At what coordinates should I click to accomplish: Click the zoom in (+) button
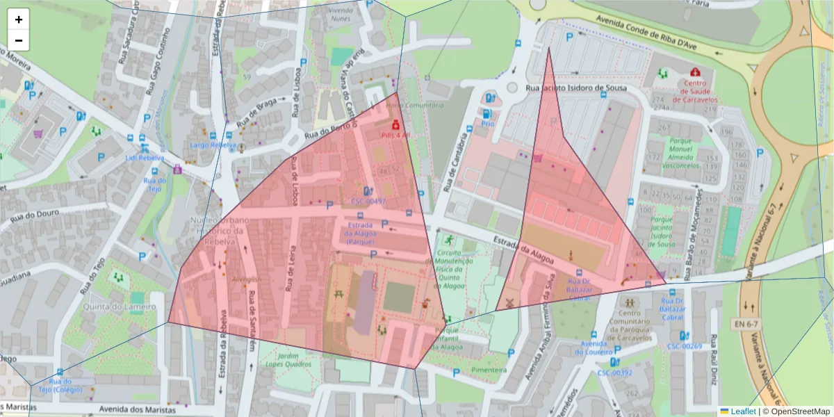tap(19, 19)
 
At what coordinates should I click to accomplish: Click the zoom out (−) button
tap(19, 40)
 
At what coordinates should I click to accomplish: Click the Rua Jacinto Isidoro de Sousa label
tap(576, 88)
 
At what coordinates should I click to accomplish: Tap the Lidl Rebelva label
tap(145, 158)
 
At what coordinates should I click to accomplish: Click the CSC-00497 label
tap(368, 201)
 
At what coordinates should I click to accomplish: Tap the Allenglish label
tap(247, 279)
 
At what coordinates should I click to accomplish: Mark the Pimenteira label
tap(489, 370)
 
